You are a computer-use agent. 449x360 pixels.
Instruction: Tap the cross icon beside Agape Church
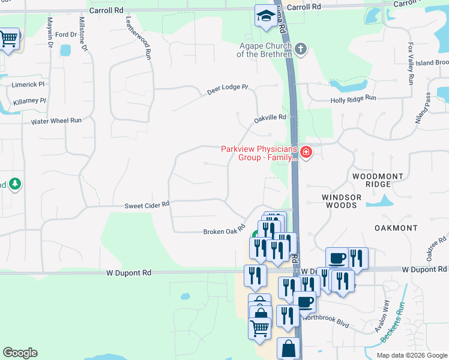[x=301, y=49]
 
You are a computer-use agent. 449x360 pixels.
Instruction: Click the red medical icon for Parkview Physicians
[x=306, y=153]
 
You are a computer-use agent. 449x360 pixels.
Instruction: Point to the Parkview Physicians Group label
[x=259, y=154]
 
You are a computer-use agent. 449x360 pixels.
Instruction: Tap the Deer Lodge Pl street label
[x=228, y=90]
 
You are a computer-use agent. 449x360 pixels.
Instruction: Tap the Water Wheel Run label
[x=56, y=121]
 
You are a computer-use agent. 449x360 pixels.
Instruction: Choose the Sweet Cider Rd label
[x=147, y=205]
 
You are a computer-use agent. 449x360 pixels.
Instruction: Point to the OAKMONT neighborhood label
[x=396, y=228]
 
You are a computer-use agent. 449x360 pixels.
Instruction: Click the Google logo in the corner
[x=20, y=353]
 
